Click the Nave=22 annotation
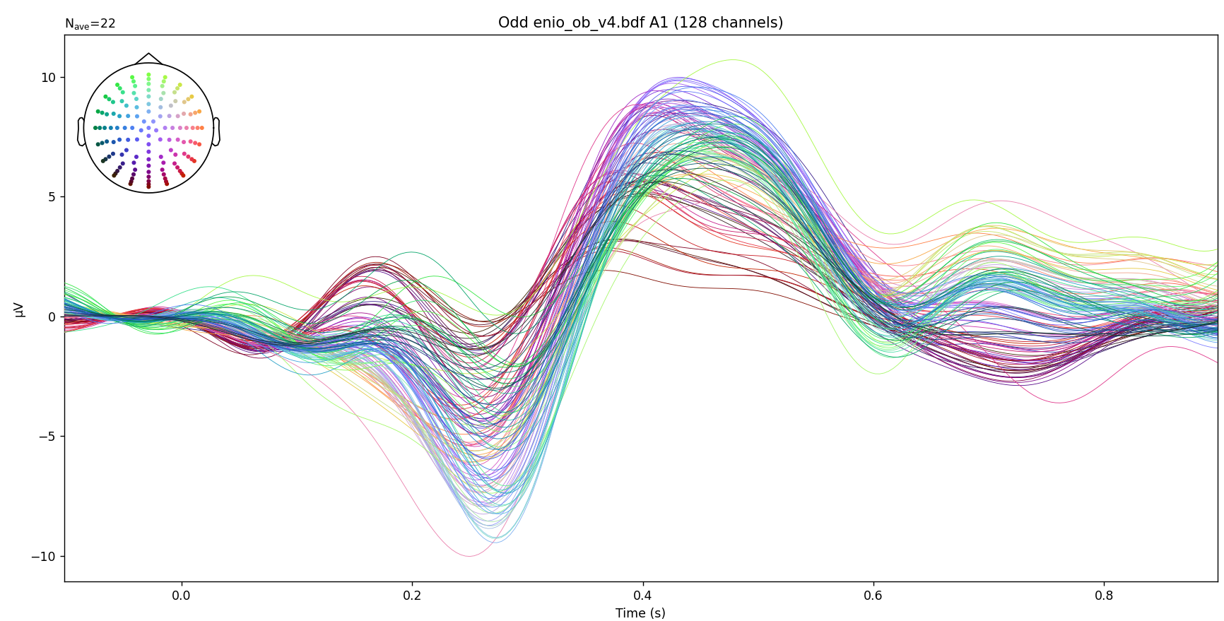[90, 24]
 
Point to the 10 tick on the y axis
[48, 77]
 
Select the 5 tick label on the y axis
[52, 197]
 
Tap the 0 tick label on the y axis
[52, 317]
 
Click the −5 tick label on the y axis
[47, 437]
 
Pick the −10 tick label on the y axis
[44, 556]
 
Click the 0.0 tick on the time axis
[182, 596]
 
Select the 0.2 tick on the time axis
[412, 596]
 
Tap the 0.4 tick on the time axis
[642, 596]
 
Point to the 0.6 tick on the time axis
[873, 596]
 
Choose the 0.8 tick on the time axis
[1103, 596]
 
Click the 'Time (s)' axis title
[640, 613]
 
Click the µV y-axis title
[19, 309]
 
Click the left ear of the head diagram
[81, 131]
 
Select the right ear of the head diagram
[216, 131]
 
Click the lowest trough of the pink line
[469, 556]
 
